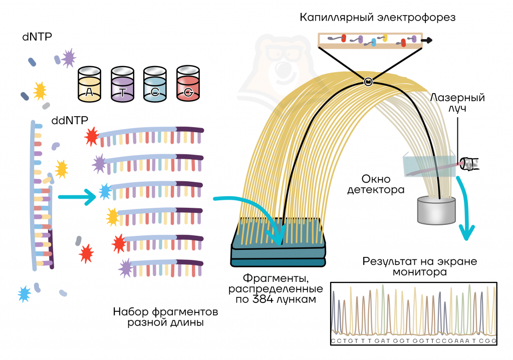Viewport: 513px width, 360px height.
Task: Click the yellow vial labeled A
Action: click(x=89, y=84)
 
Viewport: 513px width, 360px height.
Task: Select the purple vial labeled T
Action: click(x=122, y=84)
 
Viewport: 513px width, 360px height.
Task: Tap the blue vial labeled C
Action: click(x=155, y=84)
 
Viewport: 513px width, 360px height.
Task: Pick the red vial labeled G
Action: click(x=188, y=84)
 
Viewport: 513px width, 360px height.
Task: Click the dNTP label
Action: click(x=37, y=37)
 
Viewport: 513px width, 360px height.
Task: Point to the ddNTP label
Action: click(x=70, y=120)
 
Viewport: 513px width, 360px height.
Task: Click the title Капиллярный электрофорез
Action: click(x=378, y=18)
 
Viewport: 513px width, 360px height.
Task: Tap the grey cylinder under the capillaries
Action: click(x=436, y=210)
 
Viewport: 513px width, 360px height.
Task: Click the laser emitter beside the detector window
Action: click(x=469, y=164)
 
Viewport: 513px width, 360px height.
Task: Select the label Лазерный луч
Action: click(x=457, y=103)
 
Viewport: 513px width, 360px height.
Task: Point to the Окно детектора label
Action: click(x=376, y=184)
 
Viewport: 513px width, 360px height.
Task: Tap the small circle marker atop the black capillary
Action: click(x=368, y=82)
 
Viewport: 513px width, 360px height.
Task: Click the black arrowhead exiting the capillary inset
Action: click(x=427, y=40)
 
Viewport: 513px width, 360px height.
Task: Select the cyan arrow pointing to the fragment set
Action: click(x=77, y=197)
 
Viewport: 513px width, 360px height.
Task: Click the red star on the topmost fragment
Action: click(x=92, y=136)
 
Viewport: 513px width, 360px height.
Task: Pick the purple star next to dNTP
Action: click(x=69, y=58)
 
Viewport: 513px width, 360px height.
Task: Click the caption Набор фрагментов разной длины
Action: click(x=165, y=317)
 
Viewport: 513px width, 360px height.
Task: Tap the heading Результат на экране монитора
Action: click(x=420, y=266)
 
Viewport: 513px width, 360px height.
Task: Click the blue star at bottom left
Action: click(x=25, y=293)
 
